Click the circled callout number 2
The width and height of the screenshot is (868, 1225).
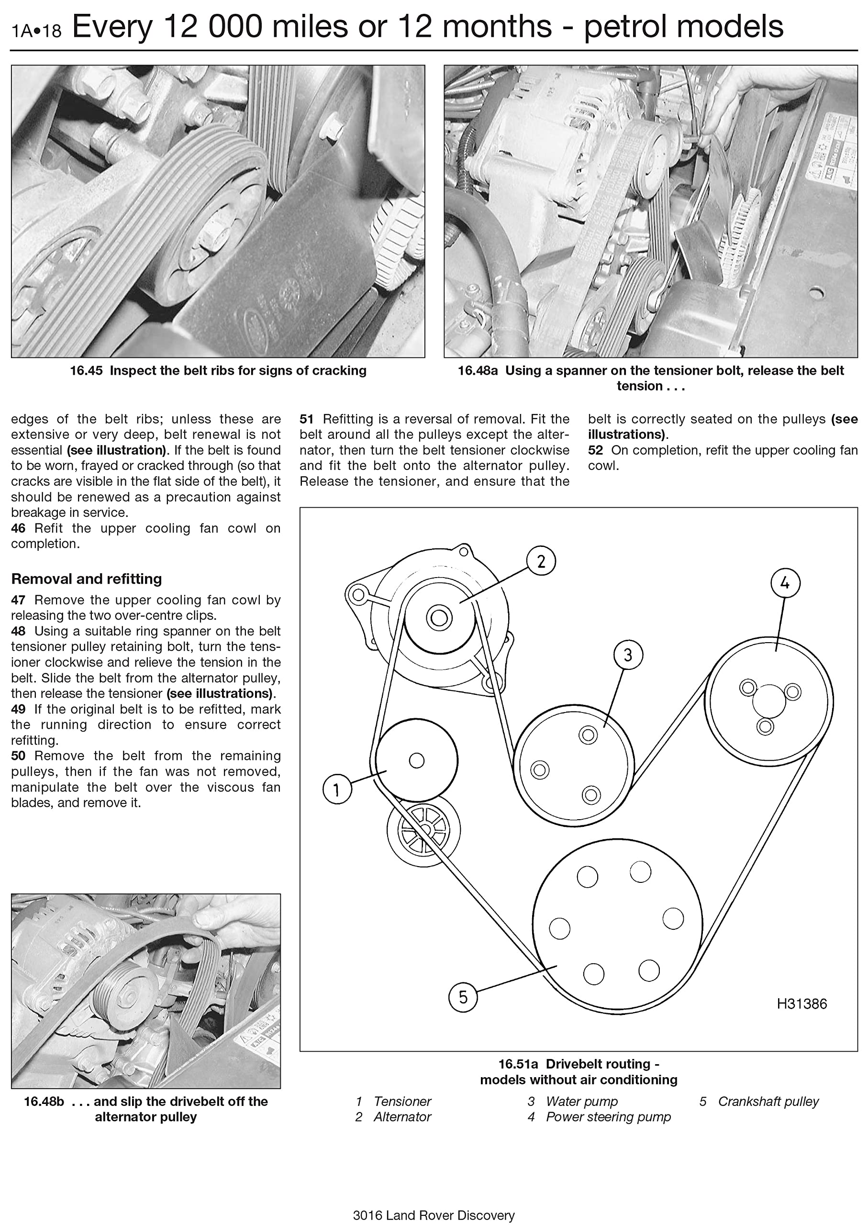click(541, 561)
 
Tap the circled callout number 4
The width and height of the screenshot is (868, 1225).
click(785, 583)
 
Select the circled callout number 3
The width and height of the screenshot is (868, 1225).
click(627, 655)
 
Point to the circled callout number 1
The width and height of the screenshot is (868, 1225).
click(337, 790)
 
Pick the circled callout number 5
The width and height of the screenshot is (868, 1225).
click(463, 997)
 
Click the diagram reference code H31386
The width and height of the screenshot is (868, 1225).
click(801, 1004)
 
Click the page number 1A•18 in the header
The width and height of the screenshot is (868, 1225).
click(36, 31)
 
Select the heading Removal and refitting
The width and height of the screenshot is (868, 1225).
click(87, 579)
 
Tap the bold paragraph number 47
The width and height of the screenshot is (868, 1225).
click(18, 600)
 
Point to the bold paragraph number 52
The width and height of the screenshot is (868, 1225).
click(595, 450)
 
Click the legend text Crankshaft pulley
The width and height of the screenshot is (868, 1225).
click(768, 1101)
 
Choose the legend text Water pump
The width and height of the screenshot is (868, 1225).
click(581, 1101)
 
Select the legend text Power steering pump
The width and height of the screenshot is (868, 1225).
click(608, 1116)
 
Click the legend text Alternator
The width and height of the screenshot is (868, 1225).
click(402, 1116)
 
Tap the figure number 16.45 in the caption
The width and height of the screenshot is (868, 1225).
click(86, 370)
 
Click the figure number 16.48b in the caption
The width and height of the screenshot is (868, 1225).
click(44, 1101)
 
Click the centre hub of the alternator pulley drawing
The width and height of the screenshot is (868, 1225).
click(439, 618)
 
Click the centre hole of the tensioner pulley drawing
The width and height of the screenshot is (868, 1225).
click(416, 760)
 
